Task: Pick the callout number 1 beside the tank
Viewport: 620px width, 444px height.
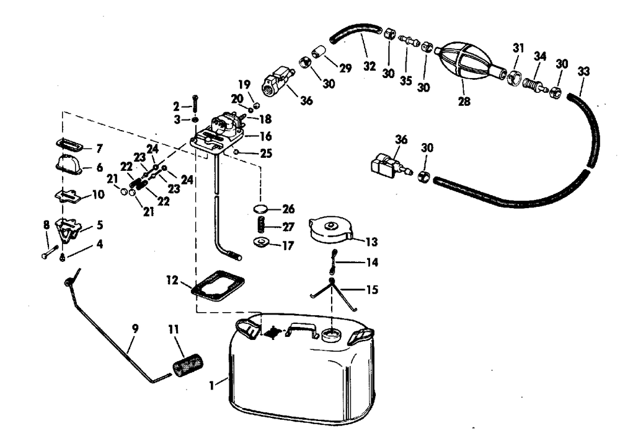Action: [213, 385]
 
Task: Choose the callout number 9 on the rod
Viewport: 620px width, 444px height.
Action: [136, 328]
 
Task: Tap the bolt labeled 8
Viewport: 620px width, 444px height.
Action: [48, 252]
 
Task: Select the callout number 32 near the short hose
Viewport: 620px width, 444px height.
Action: [370, 66]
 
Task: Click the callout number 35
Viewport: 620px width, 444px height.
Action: [406, 64]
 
